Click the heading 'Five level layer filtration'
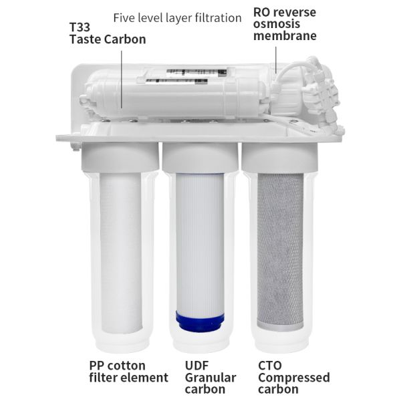[x=177, y=18]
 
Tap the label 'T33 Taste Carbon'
[x=107, y=33]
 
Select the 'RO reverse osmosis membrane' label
[x=285, y=23]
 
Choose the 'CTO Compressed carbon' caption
[x=293, y=377]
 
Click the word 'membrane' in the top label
[x=285, y=35]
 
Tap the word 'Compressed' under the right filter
[x=293, y=378]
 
